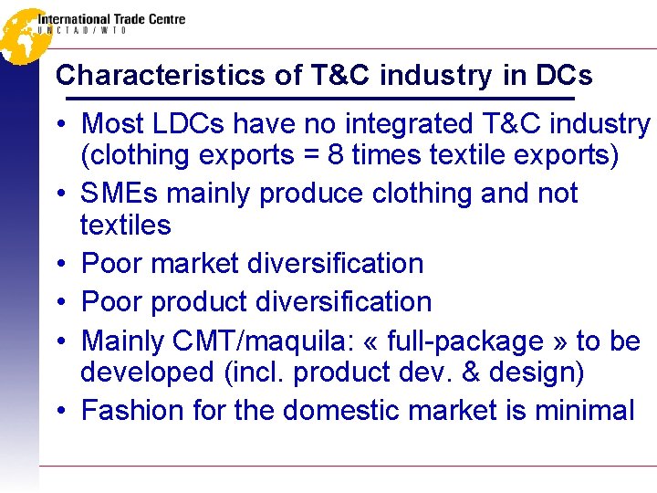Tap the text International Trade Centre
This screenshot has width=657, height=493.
pyautogui.click(x=111, y=18)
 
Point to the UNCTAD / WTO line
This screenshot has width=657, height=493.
pyautogui.click(x=82, y=30)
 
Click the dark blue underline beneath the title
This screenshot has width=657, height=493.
pyautogui.click(x=315, y=98)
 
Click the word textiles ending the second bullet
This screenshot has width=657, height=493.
pyautogui.click(x=126, y=225)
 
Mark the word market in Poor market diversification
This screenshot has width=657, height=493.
pyautogui.click(x=193, y=264)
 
